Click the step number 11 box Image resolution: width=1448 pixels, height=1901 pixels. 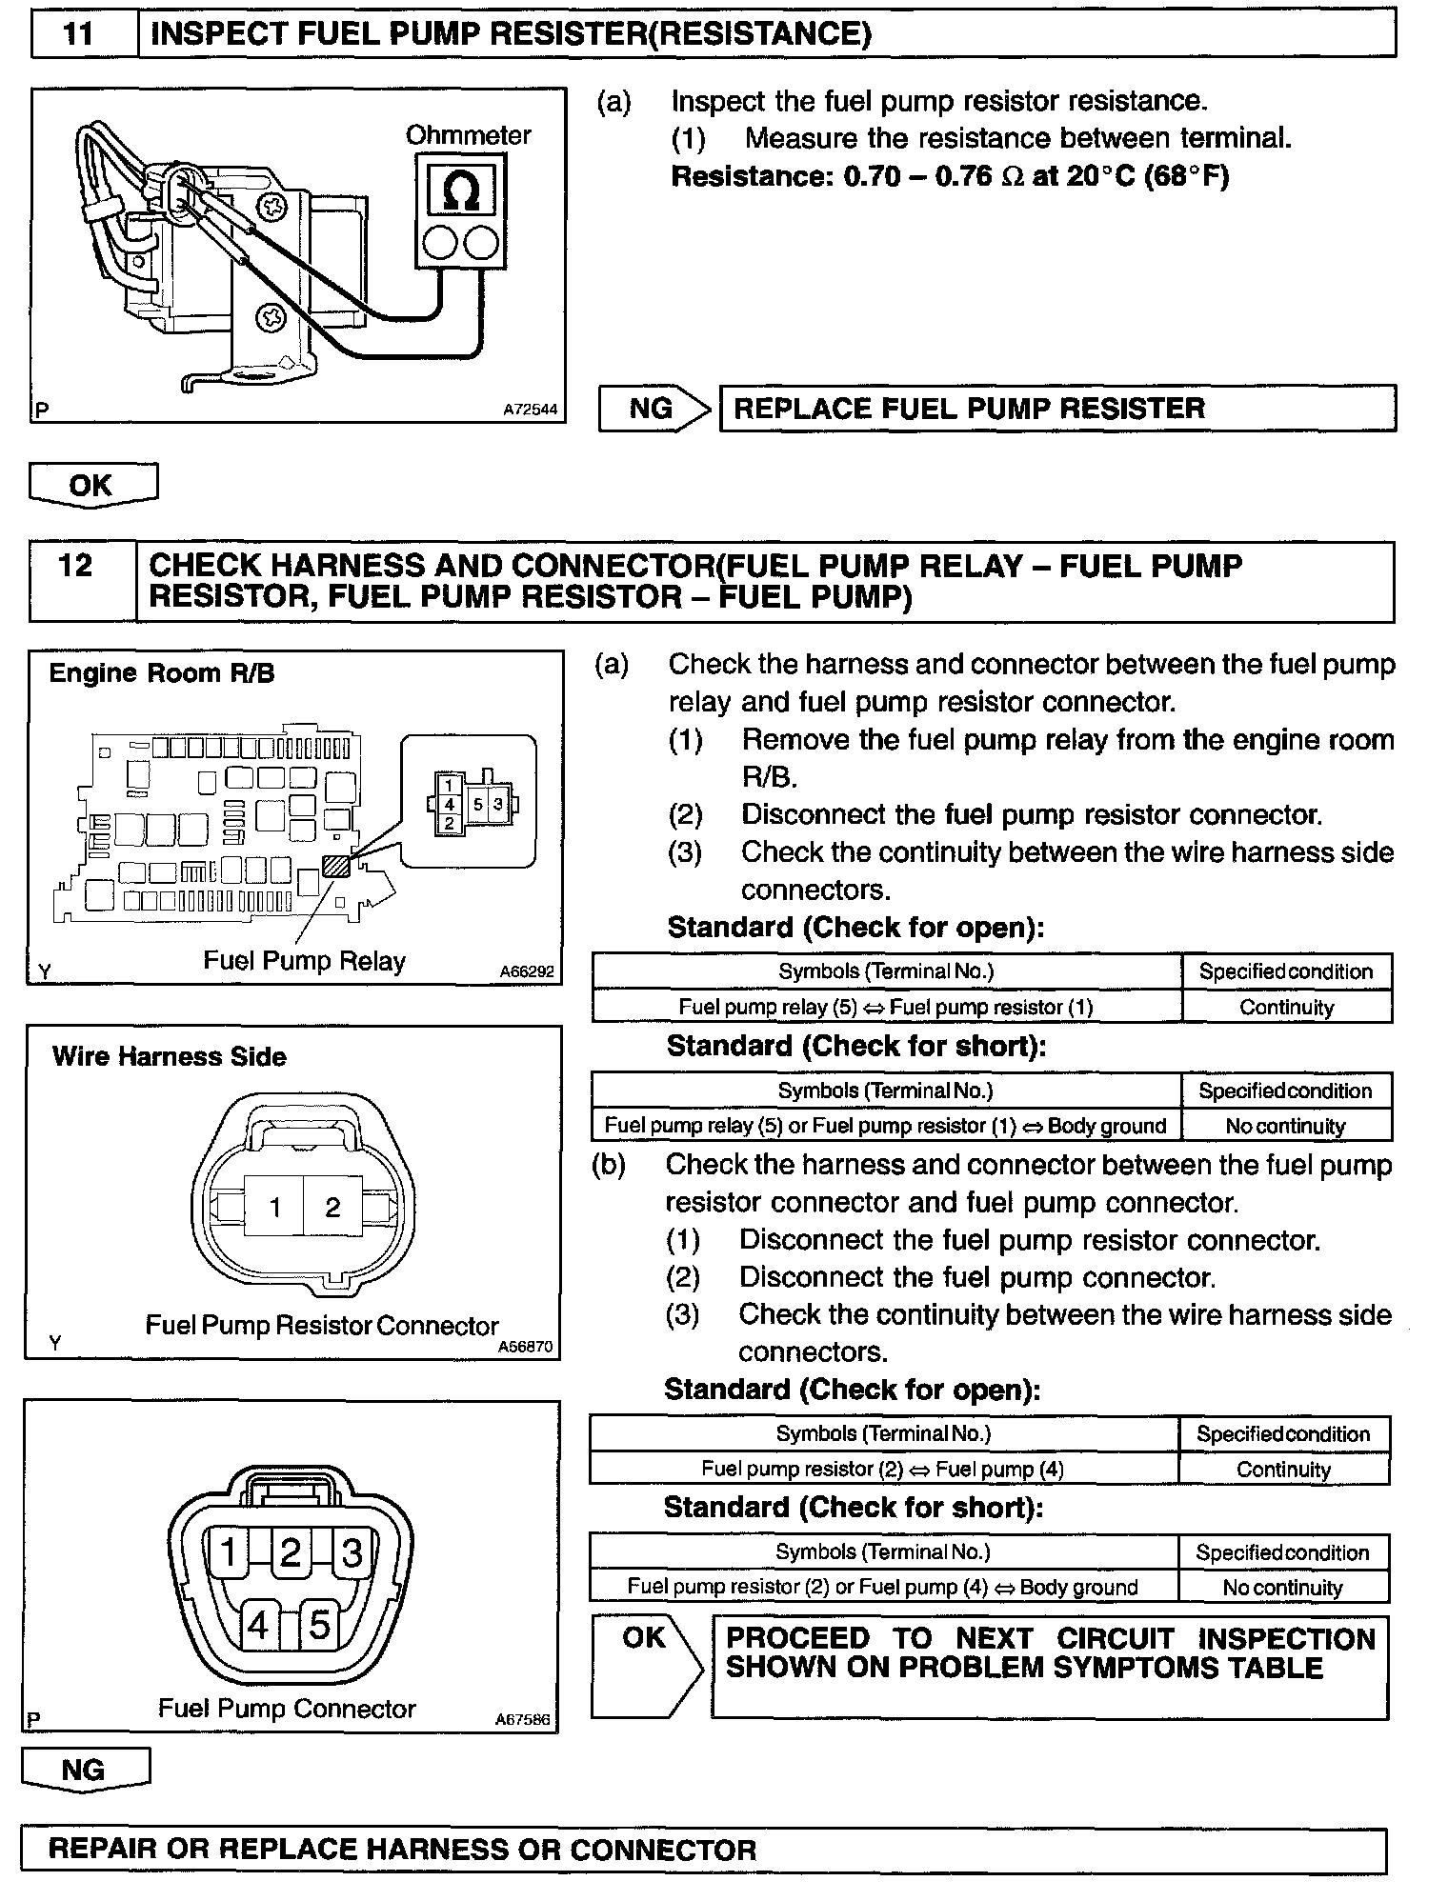[81, 35]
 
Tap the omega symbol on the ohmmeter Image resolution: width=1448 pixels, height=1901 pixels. [461, 190]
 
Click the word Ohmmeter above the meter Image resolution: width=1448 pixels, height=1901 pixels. [468, 135]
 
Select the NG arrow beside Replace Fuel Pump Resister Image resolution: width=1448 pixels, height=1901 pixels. [655, 409]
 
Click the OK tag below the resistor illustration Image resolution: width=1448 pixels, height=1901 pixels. [91, 485]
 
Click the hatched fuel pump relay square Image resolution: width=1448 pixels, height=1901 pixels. [335, 867]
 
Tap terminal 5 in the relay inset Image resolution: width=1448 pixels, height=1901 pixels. [478, 804]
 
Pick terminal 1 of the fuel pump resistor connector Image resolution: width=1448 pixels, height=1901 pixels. [274, 1208]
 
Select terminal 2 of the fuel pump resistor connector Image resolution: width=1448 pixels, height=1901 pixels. [332, 1208]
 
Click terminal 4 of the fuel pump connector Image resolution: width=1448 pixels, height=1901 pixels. [258, 1625]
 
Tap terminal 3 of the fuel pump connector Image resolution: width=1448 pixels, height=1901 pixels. [352, 1553]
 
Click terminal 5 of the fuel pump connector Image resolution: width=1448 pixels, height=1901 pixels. [319, 1625]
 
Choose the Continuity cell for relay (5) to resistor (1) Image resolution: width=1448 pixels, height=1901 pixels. [1286, 1007]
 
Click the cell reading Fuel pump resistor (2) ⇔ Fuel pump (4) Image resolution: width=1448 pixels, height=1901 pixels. [882, 1469]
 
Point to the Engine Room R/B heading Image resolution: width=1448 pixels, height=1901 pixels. [162, 673]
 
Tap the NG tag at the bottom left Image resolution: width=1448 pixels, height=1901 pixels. [84, 1770]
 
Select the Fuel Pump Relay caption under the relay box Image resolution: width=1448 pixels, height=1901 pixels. [304, 961]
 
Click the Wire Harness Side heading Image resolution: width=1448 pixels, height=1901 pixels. [170, 1056]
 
